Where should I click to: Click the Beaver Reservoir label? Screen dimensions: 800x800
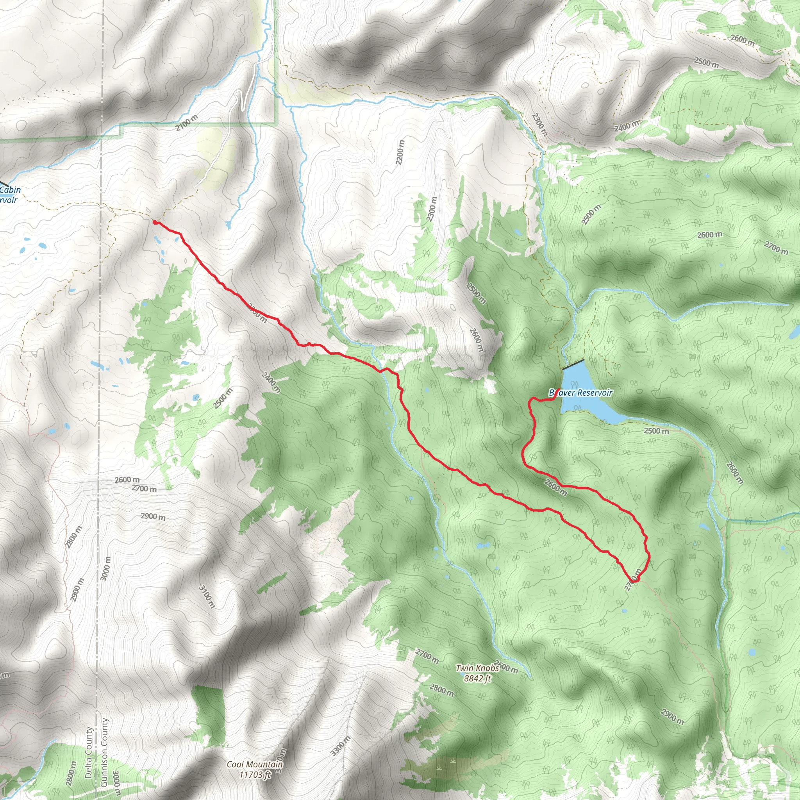(580, 393)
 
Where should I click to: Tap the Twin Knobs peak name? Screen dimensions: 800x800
(477, 668)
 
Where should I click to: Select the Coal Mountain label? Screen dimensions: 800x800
(255, 764)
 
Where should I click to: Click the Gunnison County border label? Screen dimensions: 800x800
(104, 752)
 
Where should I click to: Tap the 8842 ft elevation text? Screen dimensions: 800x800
(477, 678)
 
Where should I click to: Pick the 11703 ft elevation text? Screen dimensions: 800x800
(255, 774)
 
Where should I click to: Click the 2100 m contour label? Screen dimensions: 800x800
(186, 123)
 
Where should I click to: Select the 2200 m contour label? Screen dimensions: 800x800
(400, 152)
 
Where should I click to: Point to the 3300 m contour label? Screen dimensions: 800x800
(341, 746)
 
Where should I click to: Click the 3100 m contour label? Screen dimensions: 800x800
(207, 596)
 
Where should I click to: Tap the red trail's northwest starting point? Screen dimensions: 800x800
(155, 222)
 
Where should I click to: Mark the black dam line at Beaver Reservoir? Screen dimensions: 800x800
(573, 364)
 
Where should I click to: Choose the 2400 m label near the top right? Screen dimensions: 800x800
(626, 126)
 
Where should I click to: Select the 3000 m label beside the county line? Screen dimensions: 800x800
(106, 568)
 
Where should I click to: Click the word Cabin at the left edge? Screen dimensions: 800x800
(11, 189)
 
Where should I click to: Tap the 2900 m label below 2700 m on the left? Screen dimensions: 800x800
(153, 516)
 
